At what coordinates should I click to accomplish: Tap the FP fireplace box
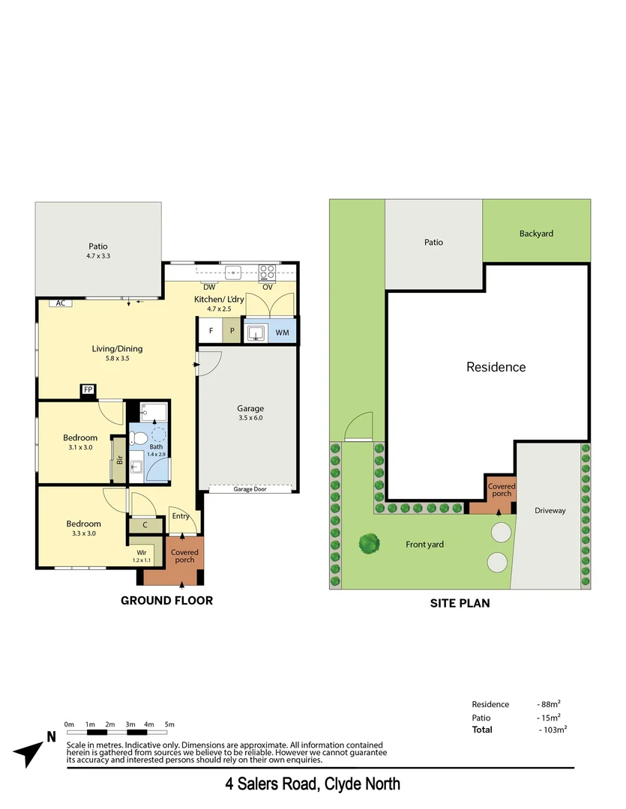(88, 390)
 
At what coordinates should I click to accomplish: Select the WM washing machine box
(283, 331)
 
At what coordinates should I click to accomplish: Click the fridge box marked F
(211, 331)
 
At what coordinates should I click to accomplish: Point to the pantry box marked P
(232, 331)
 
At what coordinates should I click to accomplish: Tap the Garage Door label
(250, 488)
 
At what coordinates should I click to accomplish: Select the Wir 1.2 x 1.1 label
(142, 556)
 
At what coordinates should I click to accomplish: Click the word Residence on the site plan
(496, 367)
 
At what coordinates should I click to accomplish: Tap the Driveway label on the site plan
(550, 511)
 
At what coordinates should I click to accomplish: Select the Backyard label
(536, 234)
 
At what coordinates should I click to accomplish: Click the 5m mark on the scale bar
(169, 724)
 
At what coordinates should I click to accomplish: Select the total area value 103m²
(553, 730)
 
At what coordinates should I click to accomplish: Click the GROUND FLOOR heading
(166, 600)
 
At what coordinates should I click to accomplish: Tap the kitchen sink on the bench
(234, 272)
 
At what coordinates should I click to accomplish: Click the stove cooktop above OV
(268, 272)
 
